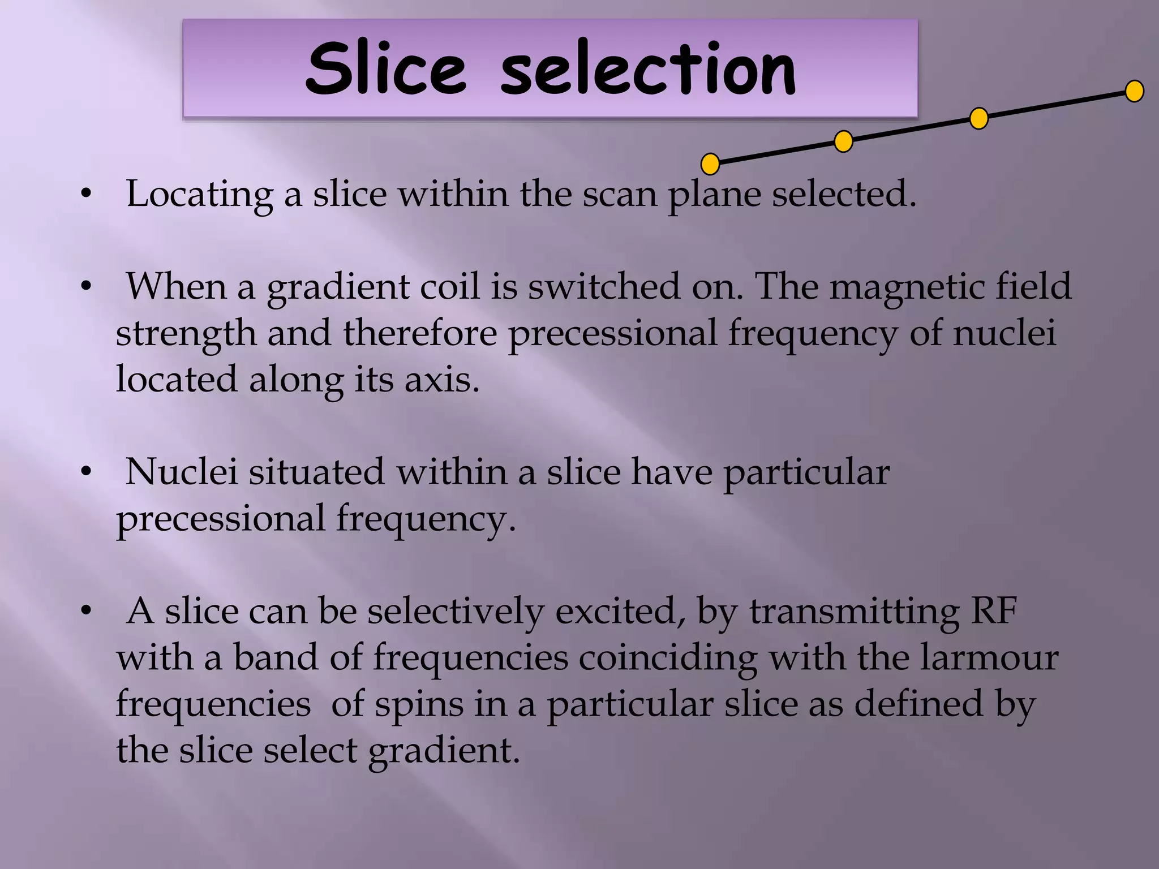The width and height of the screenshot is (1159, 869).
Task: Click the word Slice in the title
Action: (385, 69)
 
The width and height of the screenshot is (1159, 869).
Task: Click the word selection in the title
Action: (648, 69)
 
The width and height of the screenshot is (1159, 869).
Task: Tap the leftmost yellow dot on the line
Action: (710, 164)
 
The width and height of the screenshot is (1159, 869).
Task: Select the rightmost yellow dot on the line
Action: (1134, 91)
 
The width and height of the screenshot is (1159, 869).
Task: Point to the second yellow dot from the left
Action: (843, 141)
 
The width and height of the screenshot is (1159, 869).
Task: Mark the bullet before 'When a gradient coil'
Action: (86, 287)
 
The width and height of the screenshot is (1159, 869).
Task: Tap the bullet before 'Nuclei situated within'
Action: (86, 472)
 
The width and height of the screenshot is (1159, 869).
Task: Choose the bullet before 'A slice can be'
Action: (86, 612)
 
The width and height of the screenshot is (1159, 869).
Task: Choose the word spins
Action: (418, 705)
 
